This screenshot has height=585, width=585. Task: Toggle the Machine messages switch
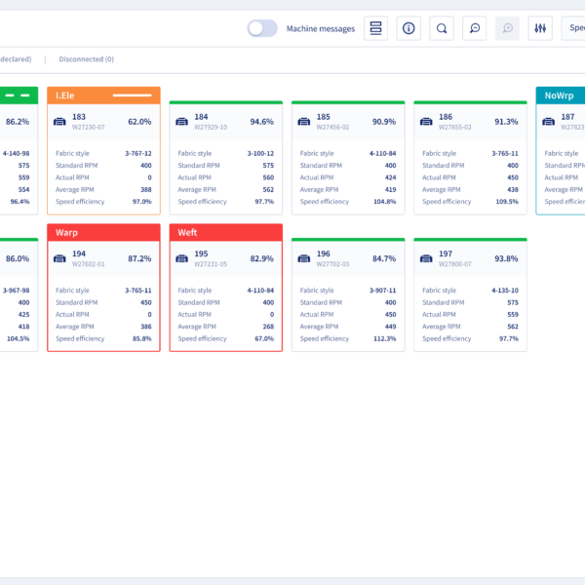262,28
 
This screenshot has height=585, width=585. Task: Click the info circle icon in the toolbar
409,28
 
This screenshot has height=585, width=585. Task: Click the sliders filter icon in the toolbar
539,28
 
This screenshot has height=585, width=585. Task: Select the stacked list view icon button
375,28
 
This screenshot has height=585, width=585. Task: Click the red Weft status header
225,233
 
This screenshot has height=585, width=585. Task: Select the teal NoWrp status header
560,95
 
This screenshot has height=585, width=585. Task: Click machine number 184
201,117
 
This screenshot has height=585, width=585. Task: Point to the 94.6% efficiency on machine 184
261,122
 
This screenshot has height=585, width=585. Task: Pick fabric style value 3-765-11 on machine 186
504,153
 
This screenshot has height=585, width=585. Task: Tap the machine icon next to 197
426,258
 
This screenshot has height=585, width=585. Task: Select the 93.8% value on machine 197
506,258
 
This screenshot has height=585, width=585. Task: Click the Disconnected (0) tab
86,59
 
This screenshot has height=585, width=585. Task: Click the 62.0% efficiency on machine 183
138,122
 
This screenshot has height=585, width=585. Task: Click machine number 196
324,253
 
